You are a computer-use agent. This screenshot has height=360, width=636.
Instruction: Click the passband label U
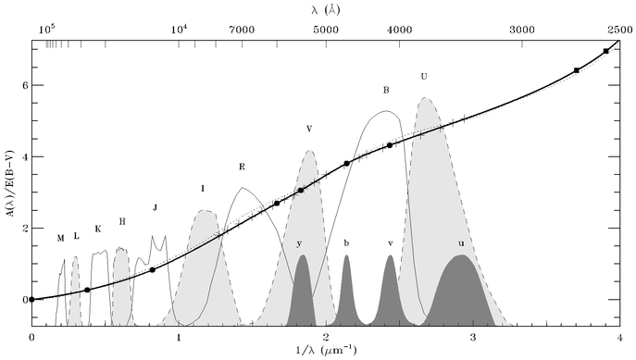[424, 76]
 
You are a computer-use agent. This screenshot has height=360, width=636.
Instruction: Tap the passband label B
[386, 90]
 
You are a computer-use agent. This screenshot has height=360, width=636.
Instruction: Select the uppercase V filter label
[309, 129]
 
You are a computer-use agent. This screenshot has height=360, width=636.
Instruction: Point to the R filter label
[243, 167]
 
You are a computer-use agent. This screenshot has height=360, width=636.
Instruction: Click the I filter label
[203, 189]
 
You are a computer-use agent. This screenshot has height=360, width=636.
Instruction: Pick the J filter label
[155, 208]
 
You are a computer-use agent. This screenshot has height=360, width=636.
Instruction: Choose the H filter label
[122, 222]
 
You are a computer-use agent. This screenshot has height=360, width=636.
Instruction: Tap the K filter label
[98, 230]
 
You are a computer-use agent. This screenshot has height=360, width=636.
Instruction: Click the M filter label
[61, 239]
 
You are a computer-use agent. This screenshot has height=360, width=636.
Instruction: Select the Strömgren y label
[299, 243]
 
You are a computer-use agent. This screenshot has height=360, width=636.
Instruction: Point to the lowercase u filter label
[461, 243]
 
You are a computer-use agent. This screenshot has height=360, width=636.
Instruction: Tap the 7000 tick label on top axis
[242, 30]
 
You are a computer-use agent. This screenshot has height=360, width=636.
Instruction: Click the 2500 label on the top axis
[620, 30]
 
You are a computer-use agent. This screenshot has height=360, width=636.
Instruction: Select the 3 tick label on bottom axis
[473, 337]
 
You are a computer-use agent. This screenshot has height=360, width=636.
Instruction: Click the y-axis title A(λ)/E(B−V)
[11, 183]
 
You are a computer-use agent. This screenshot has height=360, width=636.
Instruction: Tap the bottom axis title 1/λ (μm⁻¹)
[326, 350]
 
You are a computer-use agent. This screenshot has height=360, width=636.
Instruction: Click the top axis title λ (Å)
[326, 10]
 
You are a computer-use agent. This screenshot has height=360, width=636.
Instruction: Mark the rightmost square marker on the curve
[606, 51]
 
